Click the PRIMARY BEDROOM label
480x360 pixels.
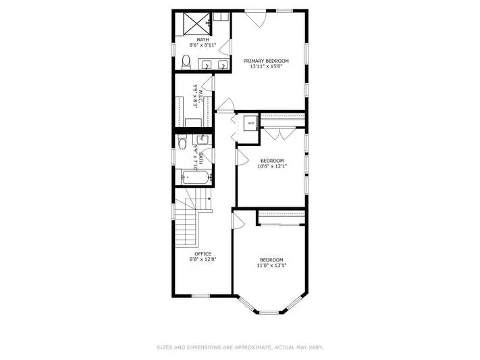pyautogui.click(x=266, y=61)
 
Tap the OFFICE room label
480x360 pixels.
pyautogui.click(x=203, y=254)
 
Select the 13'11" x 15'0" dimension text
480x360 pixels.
pyautogui.click(x=265, y=66)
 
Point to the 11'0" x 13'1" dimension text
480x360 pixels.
pyautogui.click(x=271, y=265)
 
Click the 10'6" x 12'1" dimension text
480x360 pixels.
pyautogui.click(x=272, y=166)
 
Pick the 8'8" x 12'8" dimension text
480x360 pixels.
pyautogui.click(x=203, y=259)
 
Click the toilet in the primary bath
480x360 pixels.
pyautogui.click(x=186, y=63)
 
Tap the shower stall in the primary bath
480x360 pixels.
pyautogui.click(x=197, y=23)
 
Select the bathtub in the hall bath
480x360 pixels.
pyautogui.click(x=196, y=177)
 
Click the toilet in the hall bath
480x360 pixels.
pyautogui.click(x=182, y=142)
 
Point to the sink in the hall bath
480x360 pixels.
pyautogui.click(x=203, y=139)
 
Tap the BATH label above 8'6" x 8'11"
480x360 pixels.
pyautogui.click(x=203, y=40)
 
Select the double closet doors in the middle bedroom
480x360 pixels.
pyautogui.click(x=280, y=134)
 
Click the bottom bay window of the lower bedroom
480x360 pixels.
pyautogui.click(x=269, y=313)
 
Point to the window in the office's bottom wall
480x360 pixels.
pyautogui.click(x=201, y=296)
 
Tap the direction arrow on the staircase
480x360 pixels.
pyautogui.click(x=209, y=199)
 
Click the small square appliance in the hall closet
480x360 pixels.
pyautogui.click(x=251, y=123)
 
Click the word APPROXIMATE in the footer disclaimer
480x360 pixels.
pyautogui.click(x=252, y=347)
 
